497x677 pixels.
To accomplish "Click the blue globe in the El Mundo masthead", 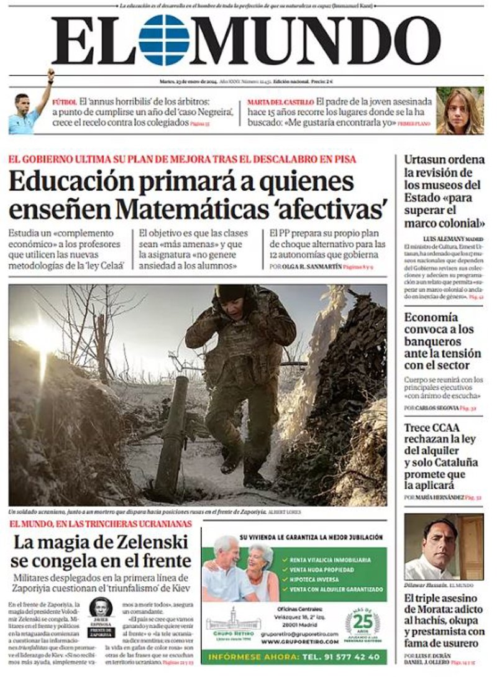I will [164, 40].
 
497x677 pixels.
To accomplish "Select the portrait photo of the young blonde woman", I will [460, 111].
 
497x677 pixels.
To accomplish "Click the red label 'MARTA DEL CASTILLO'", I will [280, 101].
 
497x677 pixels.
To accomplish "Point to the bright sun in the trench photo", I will [41, 336].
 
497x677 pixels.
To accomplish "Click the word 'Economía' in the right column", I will [431, 317].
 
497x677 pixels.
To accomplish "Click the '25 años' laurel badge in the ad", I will [362, 623].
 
